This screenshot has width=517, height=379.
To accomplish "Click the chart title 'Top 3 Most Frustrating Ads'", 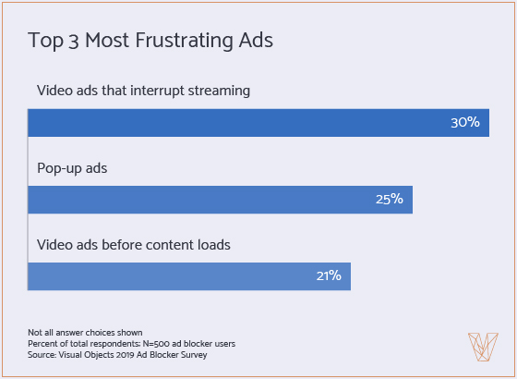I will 150,41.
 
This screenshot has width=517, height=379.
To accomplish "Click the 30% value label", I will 464,123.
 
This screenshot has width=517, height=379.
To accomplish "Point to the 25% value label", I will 389,200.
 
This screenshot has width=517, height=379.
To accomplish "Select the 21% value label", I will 327,275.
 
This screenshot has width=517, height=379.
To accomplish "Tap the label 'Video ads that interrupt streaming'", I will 144,92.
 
